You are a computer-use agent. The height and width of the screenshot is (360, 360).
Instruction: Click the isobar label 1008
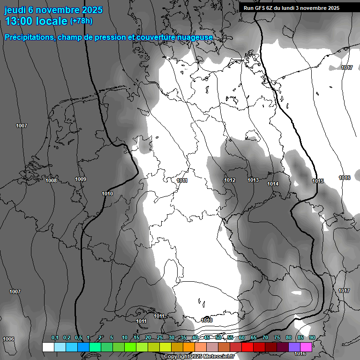point(51,180)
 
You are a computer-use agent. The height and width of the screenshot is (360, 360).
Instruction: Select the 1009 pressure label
point(81,179)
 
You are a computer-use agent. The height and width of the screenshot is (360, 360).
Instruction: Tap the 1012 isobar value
point(230,180)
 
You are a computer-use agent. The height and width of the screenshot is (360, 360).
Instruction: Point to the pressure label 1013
point(254,180)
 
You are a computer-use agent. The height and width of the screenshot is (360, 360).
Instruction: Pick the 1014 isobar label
point(273,184)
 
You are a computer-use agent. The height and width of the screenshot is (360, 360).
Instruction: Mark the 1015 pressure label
point(318,181)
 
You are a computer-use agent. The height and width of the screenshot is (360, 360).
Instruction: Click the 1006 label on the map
point(8,339)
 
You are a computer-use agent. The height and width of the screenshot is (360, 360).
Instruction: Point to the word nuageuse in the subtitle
point(196,37)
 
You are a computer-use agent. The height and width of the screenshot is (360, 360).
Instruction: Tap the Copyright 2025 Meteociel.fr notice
point(199,356)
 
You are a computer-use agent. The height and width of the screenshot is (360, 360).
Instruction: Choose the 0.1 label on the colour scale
point(55,337)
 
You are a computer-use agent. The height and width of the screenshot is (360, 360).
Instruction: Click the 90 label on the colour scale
point(312,337)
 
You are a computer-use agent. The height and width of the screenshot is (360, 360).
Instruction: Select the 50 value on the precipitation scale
point(218,337)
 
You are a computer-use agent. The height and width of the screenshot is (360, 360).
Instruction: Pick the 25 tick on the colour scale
point(160,337)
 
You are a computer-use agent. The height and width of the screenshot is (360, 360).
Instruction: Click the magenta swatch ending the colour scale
point(306,347)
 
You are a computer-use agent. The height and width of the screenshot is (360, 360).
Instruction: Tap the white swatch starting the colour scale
point(48,347)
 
